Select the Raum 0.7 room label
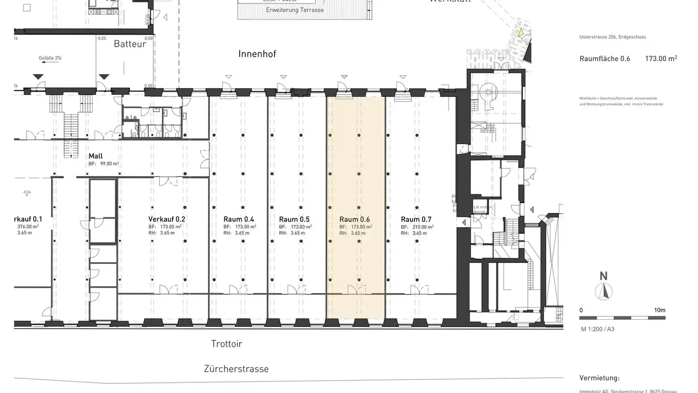(x=416, y=219)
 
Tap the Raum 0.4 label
(x=238, y=219)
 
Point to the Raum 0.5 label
(x=294, y=219)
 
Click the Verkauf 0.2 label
(x=167, y=219)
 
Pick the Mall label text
(x=95, y=156)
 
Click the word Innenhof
(x=257, y=54)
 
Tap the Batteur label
(x=130, y=44)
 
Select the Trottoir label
(x=226, y=344)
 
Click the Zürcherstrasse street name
(x=236, y=369)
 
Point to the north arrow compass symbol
(x=603, y=291)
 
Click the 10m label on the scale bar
(x=660, y=310)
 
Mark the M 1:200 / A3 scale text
(x=598, y=329)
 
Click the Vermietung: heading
(x=599, y=378)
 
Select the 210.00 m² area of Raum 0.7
(x=423, y=227)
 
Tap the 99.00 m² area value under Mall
(x=109, y=164)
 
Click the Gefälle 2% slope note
(x=50, y=58)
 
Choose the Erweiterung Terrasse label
(x=295, y=10)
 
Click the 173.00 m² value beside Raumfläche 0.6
(x=661, y=59)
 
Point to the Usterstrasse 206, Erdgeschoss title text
(x=612, y=37)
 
